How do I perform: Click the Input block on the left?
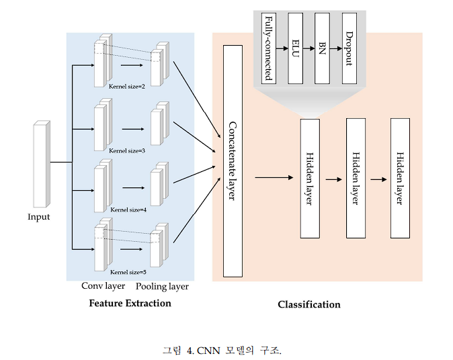pos(41,164)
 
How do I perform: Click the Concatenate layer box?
pos(232,161)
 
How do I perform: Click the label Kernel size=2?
pos(127,87)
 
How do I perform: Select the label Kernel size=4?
pos(127,210)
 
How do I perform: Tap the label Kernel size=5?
pos(127,272)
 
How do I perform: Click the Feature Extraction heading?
pos(130,304)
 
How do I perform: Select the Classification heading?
pos(309,305)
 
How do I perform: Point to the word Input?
pos(38,217)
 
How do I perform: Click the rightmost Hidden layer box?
pos(400,178)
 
